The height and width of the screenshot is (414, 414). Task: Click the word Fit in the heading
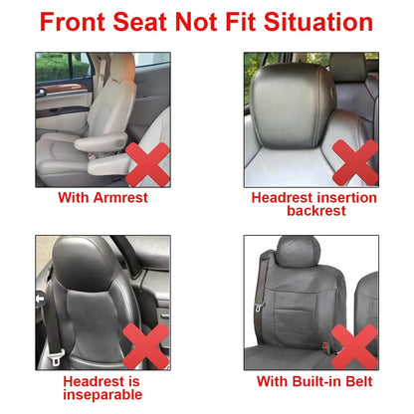[x=249, y=23]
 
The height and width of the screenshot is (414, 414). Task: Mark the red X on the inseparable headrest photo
[x=144, y=342]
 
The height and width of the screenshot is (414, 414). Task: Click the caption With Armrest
[x=103, y=197]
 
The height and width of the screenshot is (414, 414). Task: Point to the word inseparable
[x=103, y=394]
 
